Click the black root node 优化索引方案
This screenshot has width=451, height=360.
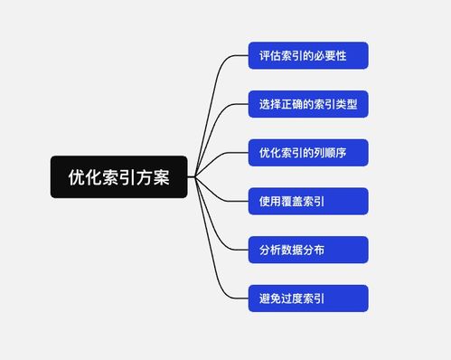pyautogui.click(x=118, y=177)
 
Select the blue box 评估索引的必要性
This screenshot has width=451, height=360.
pyautogui.click(x=307, y=56)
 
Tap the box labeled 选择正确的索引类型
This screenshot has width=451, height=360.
pyautogui.click(x=307, y=105)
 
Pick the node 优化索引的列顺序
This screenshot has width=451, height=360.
pyautogui.click(x=307, y=153)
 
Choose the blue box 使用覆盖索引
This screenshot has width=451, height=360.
pyautogui.click(x=307, y=202)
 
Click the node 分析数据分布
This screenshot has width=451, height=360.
pyautogui.click(x=307, y=250)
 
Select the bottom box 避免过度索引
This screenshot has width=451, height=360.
pyautogui.click(x=307, y=298)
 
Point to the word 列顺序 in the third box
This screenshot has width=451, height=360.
pyautogui.click(x=330, y=153)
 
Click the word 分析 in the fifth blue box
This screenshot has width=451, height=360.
pyautogui.click(x=269, y=250)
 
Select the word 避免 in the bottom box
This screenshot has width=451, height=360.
pyautogui.click(x=269, y=298)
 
